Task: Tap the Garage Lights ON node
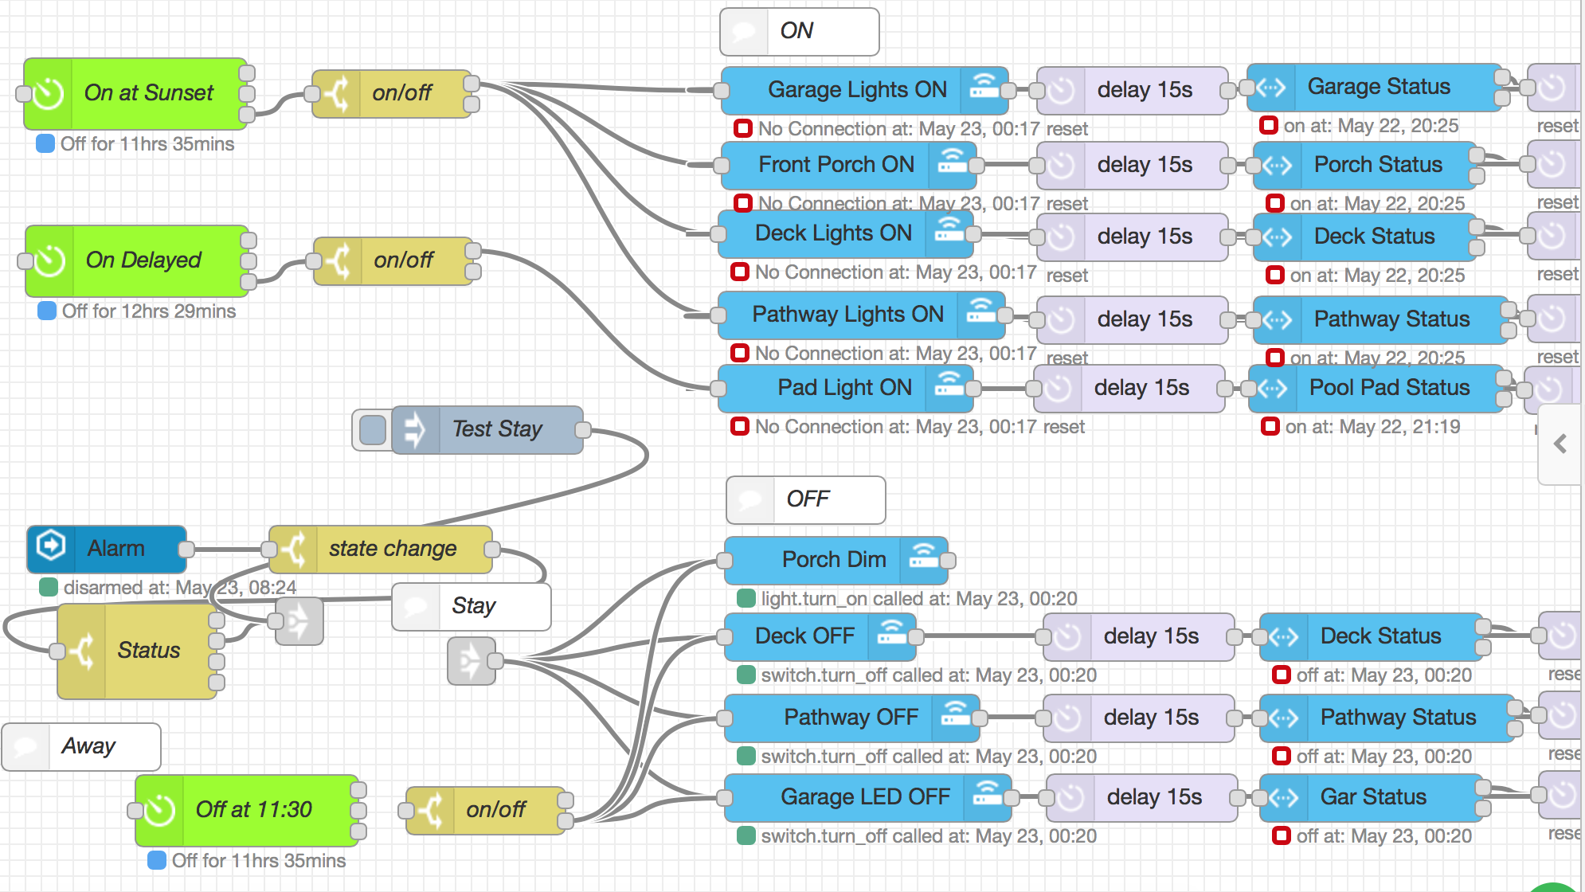pos(856,90)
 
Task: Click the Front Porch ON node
pos(836,165)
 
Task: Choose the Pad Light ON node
pos(843,388)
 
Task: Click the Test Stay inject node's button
pos(372,430)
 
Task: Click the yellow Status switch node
pos(148,651)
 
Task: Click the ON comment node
pos(798,32)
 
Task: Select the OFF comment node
pos(806,500)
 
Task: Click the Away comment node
pos(88,747)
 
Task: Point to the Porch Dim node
pos(833,560)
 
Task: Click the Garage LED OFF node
pos(864,797)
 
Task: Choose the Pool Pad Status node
pos(1388,388)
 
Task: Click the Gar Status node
pos(1372,797)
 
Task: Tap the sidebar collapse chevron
pos(1560,444)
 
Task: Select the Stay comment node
pos(473,607)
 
